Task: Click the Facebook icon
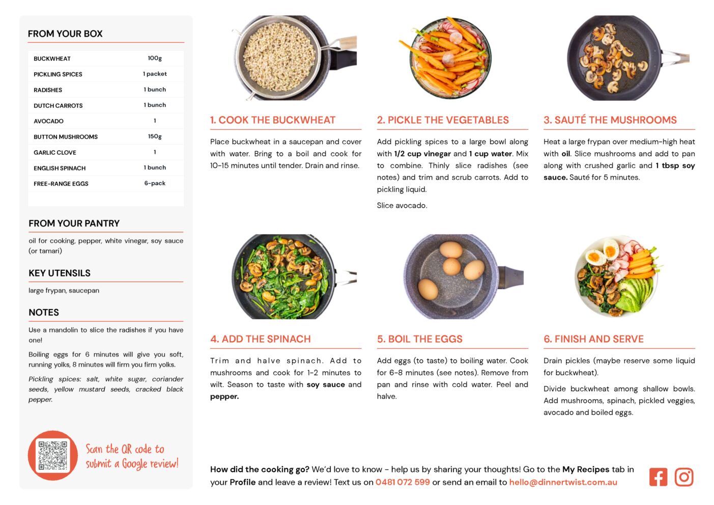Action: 658,477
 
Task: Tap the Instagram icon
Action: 684,477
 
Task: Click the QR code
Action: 53,456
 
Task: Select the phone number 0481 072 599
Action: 403,482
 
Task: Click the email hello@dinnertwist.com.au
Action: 563,482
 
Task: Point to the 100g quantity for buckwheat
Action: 155,59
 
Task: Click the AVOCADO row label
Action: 48,121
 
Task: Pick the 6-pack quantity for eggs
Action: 155,183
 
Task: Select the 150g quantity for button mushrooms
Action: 155,136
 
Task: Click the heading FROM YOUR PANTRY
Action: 74,223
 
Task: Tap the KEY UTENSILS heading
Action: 59,273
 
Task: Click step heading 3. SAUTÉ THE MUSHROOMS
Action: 610,120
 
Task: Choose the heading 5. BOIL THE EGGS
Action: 419,339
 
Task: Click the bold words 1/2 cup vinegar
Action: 422,154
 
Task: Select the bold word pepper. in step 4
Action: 224,397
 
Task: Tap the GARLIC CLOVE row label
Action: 55,152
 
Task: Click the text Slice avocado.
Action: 402,205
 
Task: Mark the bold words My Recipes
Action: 586,469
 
